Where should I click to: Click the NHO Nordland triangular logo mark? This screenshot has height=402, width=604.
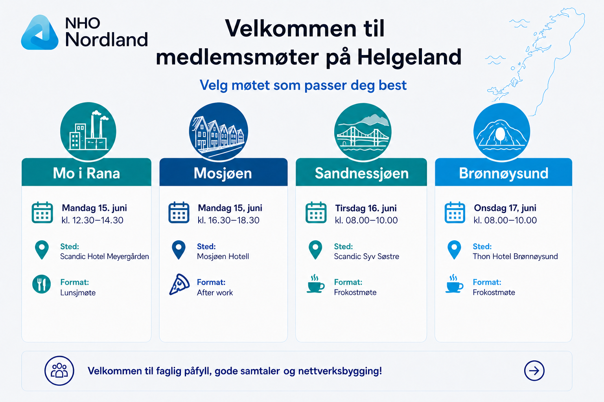pos(39,33)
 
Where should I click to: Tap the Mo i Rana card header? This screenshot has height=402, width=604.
pos(86,172)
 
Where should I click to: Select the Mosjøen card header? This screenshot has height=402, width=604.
pos(223,172)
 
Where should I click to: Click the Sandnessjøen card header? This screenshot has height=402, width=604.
pos(361,172)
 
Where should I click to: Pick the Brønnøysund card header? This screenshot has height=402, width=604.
pos(503,172)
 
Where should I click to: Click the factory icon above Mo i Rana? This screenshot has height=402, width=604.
pos(88,132)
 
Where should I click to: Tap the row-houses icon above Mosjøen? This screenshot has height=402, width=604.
pos(219,132)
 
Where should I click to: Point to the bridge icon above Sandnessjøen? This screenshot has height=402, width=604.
pos(363,132)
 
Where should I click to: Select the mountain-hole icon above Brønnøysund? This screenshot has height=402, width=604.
pos(502,132)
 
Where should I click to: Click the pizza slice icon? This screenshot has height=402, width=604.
pos(179,285)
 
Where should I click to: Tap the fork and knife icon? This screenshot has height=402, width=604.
pos(42,284)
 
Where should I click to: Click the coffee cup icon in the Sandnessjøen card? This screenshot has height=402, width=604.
pos(315,284)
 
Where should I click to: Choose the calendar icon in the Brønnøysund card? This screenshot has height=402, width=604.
pos(455,212)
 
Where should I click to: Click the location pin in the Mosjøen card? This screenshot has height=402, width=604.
pos(179,250)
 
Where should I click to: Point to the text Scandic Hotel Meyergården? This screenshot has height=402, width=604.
pos(104,256)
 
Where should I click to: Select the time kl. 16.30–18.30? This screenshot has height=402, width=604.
pos(228,220)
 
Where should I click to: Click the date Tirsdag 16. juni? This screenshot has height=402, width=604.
pos(366,208)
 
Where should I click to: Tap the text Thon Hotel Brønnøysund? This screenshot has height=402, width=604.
pos(515,256)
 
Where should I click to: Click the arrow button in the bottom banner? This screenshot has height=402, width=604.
pos(534,371)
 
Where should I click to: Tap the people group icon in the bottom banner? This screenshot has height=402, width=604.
pos(59,371)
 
